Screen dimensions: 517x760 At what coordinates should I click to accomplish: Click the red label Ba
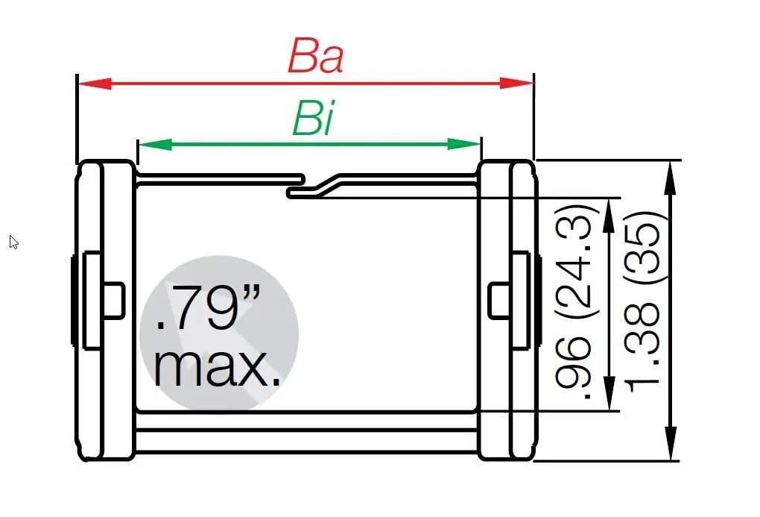315,56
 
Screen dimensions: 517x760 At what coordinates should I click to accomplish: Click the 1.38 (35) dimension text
644,303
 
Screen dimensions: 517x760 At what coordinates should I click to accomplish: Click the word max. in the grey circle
218,365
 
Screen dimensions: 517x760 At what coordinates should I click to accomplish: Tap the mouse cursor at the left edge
13,241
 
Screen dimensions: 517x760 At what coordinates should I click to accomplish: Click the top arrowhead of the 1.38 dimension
671,176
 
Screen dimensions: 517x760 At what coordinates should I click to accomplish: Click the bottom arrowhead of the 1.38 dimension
671,445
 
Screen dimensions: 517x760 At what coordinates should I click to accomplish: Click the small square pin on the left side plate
114,301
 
